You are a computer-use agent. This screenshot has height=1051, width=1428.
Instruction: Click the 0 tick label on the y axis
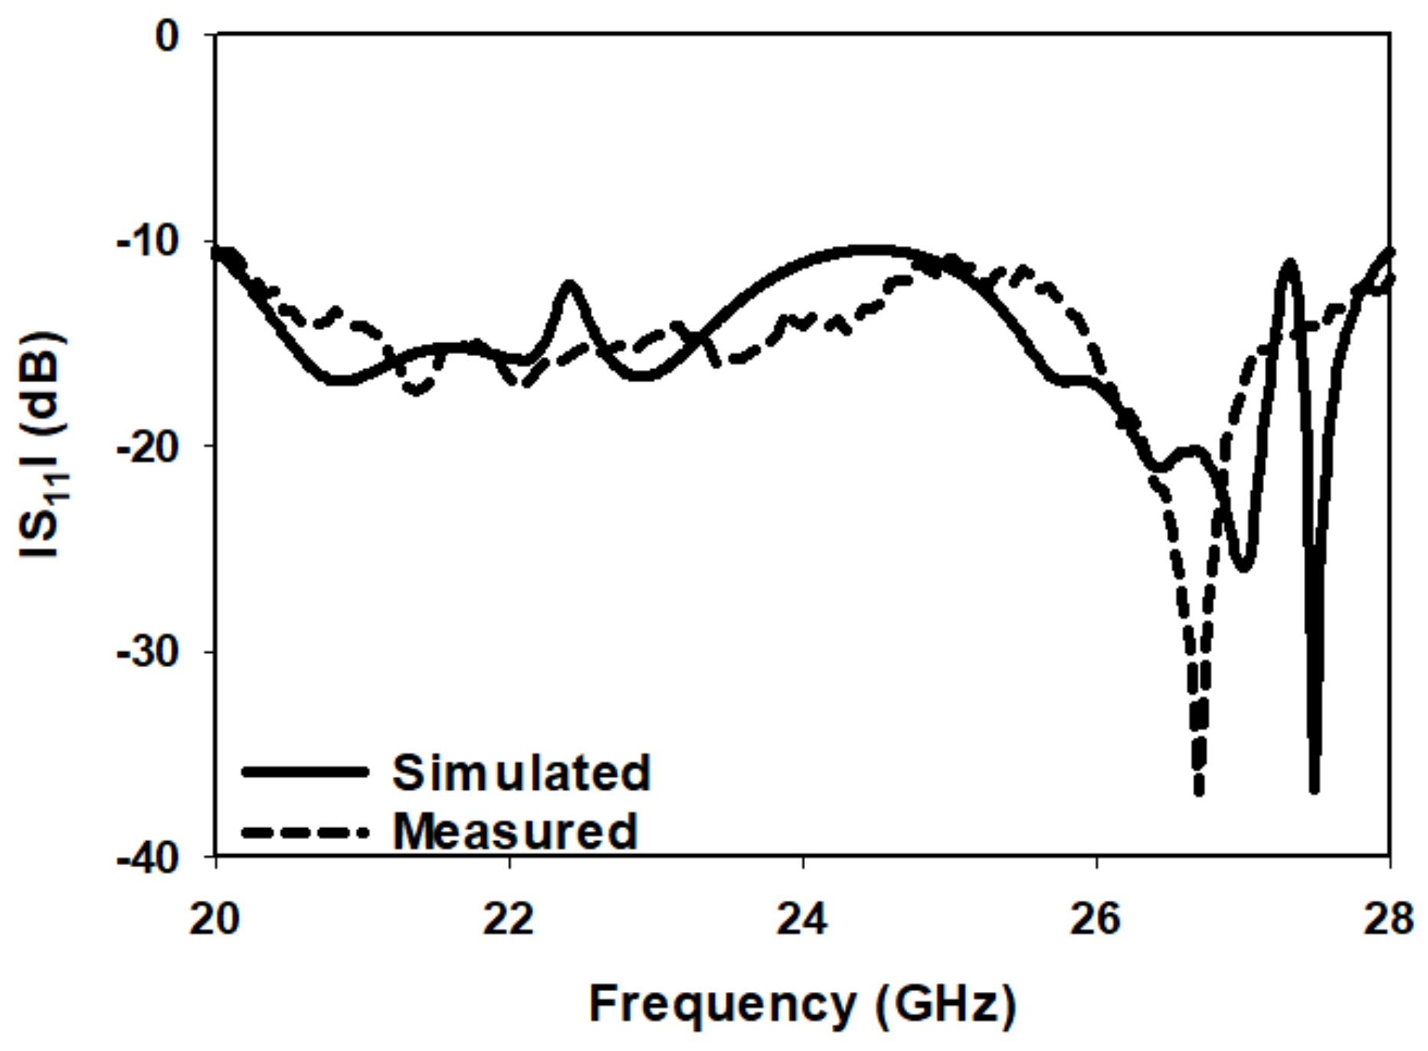(166, 35)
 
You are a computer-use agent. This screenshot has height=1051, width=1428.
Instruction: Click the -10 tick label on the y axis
(148, 242)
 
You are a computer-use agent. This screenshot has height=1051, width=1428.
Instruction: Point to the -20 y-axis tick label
(148, 447)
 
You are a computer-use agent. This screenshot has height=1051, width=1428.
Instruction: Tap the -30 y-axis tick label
(148, 653)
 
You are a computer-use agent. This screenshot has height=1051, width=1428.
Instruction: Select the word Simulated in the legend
(521, 772)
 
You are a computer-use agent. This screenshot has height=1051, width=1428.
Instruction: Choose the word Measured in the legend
(515, 830)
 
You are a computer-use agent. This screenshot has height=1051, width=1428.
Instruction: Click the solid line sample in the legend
(305, 771)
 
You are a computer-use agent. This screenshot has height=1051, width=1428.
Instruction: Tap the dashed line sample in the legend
(305, 831)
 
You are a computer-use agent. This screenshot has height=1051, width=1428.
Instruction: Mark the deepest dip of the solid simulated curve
(1315, 789)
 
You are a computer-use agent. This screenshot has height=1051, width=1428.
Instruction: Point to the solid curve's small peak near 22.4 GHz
(570, 284)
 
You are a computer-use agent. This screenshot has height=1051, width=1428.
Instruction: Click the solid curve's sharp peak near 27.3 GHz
(1291, 263)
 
